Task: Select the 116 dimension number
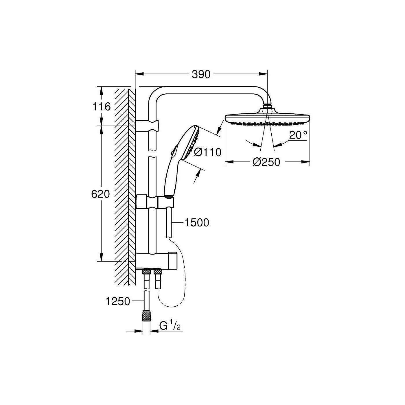pyautogui.click(x=102, y=106)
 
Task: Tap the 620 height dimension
pyautogui.click(x=100, y=194)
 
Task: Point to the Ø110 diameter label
pyautogui.click(x=208, y=152)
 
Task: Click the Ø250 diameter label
pyautogui.click(x=266, y=162)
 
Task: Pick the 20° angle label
pyautogui.click(x=298, y=135)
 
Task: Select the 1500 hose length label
pyautogui.click(x=197, y=222)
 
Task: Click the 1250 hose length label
pyautogui.click(x=118, y=301)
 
